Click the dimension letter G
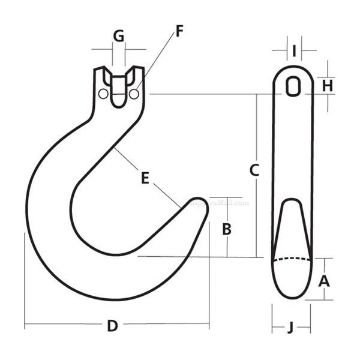[119, 36]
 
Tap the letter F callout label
[179, 31]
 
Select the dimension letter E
[145, 178]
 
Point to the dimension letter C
[254, 170]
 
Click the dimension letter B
[227, 229]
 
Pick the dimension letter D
[112, 326]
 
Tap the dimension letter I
[294, 51]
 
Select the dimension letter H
[327, 86]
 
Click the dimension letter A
[324, 282]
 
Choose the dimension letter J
[290, 328]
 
